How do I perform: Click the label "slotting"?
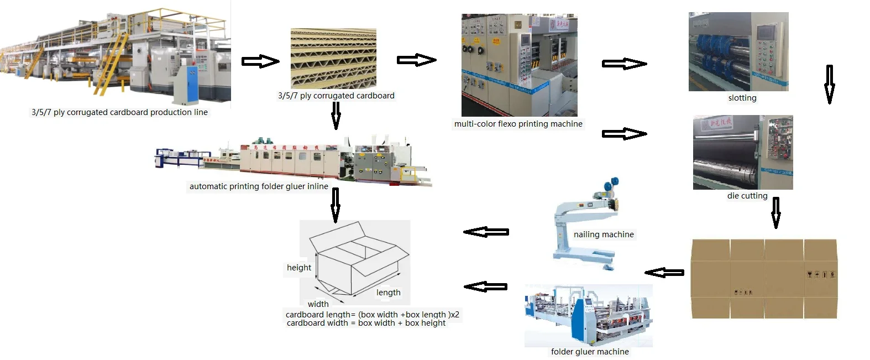(742, 98)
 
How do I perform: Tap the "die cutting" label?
(747, 196)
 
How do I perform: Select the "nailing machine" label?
(604, 234)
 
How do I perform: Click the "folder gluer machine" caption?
(590, 352)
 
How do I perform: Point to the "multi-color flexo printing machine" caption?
(518, 124)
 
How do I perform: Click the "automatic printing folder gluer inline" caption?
(259, 186)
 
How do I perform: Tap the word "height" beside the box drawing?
(298, 268)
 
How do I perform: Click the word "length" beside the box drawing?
(388, 293)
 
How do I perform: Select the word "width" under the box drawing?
(318, 304)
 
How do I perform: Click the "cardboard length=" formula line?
(372, 315)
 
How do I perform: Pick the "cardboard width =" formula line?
(366, 323)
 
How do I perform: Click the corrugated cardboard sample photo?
(333, 59)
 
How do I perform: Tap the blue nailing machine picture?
(586, 227)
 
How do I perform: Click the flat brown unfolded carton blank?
(764, 279)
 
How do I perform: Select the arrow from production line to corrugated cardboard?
(260, 61)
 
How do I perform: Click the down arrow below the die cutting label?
(775, 212)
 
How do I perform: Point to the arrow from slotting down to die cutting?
(829, 84)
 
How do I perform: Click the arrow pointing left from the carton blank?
(664, 272)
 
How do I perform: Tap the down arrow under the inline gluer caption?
(335, 205)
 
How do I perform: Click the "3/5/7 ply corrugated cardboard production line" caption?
(119, 112)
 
